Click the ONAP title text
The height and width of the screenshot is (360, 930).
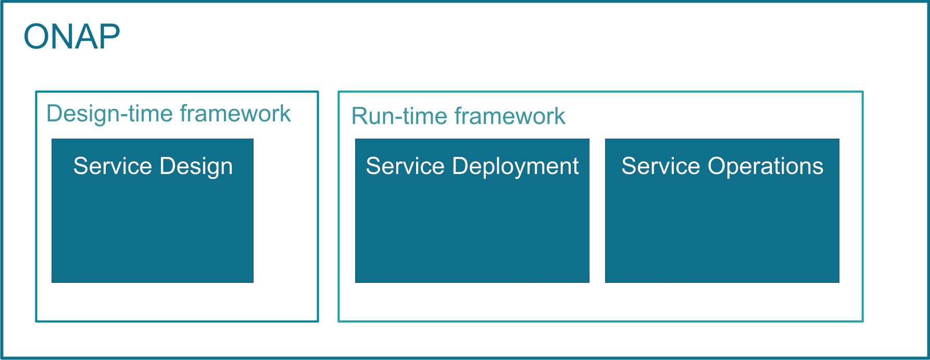point(72,36)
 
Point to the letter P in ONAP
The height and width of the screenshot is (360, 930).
point(110,36)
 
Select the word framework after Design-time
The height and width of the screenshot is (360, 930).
point(235,114)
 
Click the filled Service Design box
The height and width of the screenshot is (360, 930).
point(153,210)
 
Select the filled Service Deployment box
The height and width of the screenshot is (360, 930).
point(472,210)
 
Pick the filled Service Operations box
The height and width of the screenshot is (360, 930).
point(722,210)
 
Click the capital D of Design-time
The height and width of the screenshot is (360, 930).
point(55,114)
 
